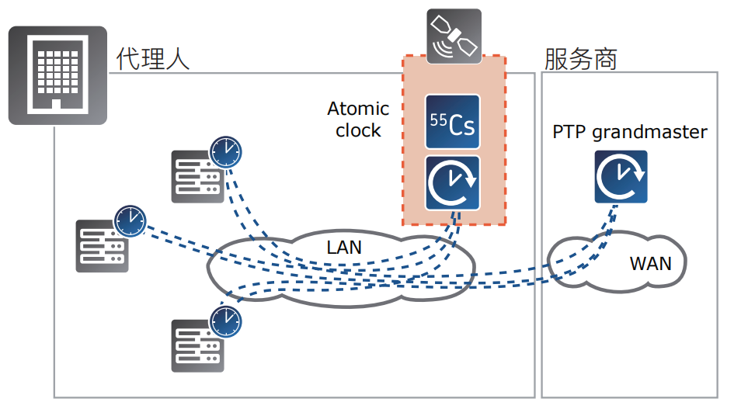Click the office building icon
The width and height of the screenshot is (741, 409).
coord(57,75)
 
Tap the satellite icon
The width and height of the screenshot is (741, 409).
coord(454,36)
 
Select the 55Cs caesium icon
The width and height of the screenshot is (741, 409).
coord(453,122)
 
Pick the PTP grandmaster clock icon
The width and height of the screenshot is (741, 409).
coord(621,177)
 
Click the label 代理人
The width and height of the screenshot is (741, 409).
coord(153,58)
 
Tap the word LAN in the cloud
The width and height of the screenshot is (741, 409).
coord(344,248)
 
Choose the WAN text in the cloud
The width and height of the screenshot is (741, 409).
coord(650,263)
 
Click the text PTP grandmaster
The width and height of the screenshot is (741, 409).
coord(630,132)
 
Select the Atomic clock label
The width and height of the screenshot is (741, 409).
coord(358,120)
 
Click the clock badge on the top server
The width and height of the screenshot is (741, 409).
coord(225,152)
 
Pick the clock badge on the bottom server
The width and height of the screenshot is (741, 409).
coord(225,320)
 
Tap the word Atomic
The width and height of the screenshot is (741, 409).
coord(358,109)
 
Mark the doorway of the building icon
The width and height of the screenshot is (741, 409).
coord(57,105)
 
